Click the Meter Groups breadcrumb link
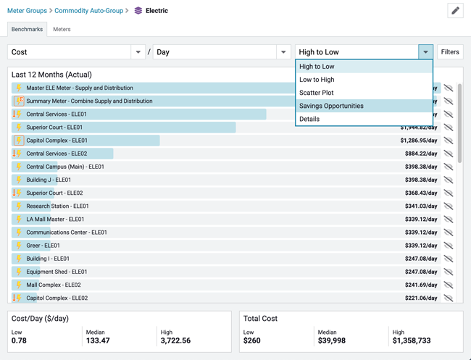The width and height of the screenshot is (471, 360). tap(27, 11)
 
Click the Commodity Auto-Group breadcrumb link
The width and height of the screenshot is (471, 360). tap(88, 11)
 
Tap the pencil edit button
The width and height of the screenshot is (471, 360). tap(455, 11)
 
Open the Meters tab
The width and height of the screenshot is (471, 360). tap(62, 30)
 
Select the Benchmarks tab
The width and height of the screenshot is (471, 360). tap(27, 30)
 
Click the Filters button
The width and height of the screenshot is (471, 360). tap(450, 52)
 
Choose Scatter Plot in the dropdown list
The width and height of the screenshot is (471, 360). tap(316, 93)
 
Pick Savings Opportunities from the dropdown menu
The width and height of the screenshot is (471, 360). tap(331, 106)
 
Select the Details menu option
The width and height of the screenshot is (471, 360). tap(309, 119)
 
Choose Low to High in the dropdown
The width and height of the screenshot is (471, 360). tap(317, 80)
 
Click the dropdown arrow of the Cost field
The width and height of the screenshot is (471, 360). tap(138, 52)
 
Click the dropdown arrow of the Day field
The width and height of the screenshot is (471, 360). tap(283, 52)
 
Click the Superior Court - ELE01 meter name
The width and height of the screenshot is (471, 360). tap(54, 127)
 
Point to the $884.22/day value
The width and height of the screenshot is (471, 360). tap(420, 154)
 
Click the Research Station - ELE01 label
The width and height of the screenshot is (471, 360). tap(57, 206)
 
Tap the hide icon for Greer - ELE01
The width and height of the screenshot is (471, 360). tap(449, 246)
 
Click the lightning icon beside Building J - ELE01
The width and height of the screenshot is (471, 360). tap(19, 180)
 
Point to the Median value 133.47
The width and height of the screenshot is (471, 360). tap(97, 340)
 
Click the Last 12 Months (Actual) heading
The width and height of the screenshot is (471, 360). tap(51, 75)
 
